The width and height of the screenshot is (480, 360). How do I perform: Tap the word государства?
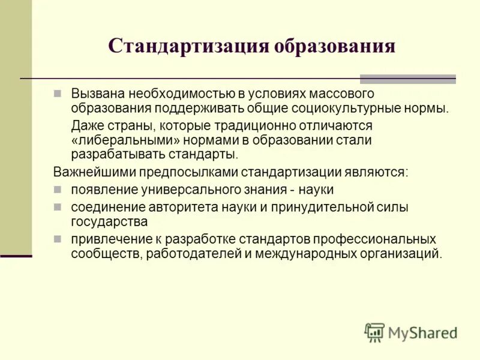[x=109, y=221]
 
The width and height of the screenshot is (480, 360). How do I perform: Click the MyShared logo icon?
[x=374, y=332]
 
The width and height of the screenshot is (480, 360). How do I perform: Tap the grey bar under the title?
[x=407, y=79]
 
